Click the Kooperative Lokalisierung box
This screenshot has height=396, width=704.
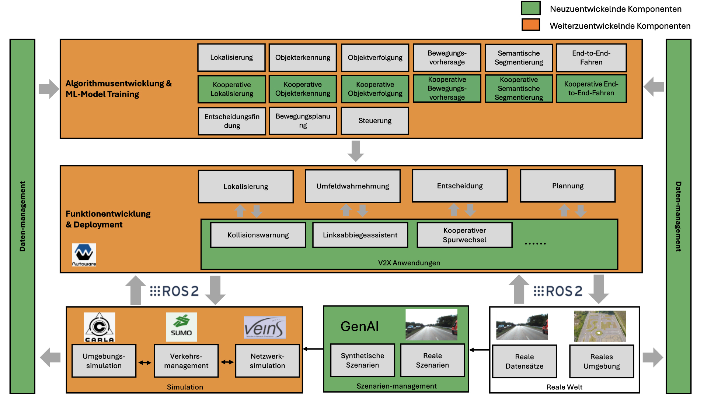232,89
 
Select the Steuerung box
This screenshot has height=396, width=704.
375,121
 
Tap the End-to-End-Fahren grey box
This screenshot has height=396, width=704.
591,58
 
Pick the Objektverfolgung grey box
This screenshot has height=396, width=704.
375,58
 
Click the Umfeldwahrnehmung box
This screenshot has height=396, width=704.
352,186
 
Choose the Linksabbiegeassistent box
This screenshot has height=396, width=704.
360,235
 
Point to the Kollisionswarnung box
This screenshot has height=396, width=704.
258,235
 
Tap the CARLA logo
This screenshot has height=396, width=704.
100,327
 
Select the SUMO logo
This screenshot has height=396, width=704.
181,327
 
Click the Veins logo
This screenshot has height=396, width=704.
265,327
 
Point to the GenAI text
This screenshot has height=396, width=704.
359,326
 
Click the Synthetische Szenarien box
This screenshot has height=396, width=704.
362,361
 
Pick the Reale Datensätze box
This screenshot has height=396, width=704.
524,361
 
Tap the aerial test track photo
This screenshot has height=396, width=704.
600,326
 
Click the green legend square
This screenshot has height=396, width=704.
530,8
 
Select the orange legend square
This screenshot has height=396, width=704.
530,25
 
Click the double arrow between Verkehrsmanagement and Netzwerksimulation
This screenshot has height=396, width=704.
227,362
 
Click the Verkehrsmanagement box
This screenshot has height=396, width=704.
186,361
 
